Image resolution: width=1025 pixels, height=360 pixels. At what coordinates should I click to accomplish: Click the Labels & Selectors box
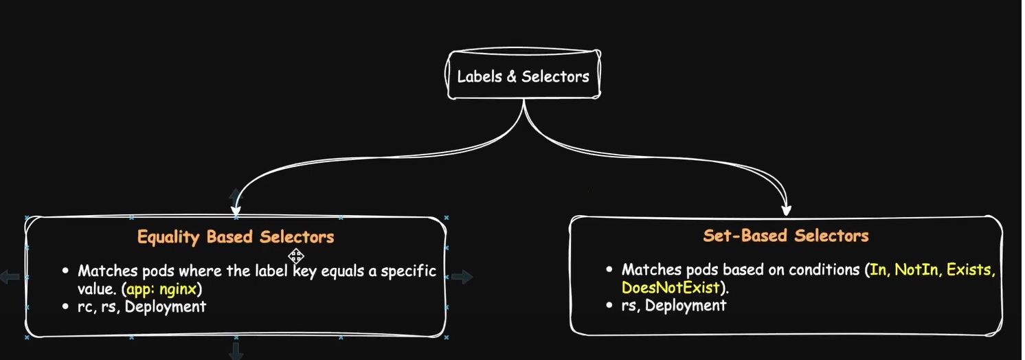tap(523, 75)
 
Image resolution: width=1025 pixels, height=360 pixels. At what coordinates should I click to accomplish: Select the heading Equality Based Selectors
tap(236, 238)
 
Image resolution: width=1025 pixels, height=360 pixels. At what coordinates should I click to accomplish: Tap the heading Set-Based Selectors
tap(786, 236)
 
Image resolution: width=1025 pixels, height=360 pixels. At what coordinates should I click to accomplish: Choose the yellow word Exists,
tap(971, 270)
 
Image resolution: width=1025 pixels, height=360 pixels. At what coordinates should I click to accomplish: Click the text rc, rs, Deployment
tap(142, 306)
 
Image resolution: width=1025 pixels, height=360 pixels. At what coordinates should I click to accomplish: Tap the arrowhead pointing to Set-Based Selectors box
tap(787, 208)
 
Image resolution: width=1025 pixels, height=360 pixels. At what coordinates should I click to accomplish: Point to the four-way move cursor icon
tap(296, 256)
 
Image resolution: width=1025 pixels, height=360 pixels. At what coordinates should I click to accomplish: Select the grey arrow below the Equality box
tap(236, 351)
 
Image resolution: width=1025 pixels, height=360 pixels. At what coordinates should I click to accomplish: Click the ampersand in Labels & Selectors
tap(511, 76)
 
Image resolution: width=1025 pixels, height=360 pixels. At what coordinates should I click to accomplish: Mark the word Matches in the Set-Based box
tap(651, 270)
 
